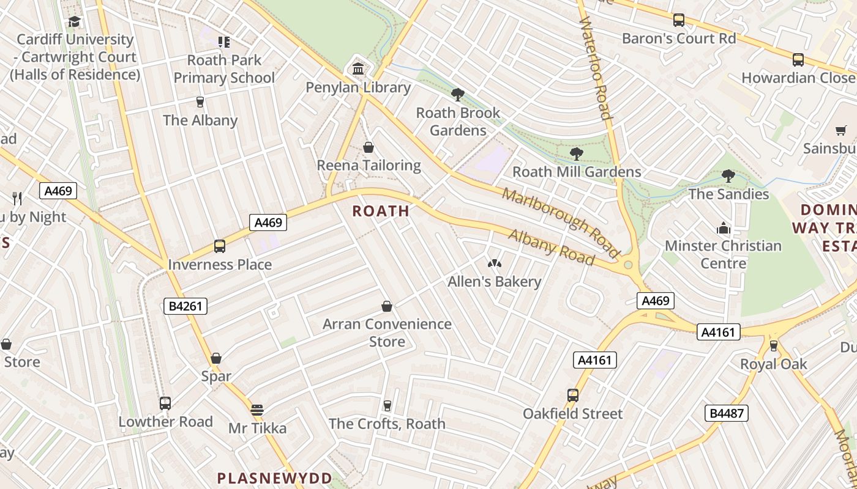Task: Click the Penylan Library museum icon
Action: pyautogui.click(x=358, y=68)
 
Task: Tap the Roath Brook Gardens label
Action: pyautogui.click(x=458, y=122)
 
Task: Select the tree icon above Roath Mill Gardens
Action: pyautogui.click(x=576, y=153)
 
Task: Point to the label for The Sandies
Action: pyautogui.click(x=728, y=194)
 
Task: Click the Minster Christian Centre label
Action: pyautogui.click(x=723, y=254)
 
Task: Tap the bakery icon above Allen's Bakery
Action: pyautogui.click(x=494, y=263)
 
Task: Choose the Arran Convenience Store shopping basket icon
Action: pyautogui.click(x=387, y=306)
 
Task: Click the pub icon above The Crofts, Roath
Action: pyautogui.click(x=387, y=405)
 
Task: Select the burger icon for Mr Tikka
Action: pyautogui.click(x=257, y=410)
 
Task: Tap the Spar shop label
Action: pyautogui.click(x=216, y=377)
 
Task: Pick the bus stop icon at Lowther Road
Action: pyautogui.click(x=165, y=403)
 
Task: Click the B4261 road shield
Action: pyautogui.click(x=185, y=306)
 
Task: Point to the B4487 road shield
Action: pyautogui.click(x=727, y=413)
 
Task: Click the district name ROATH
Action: pyautogui.click(x=381, y=211)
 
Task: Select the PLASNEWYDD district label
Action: pyautogui.click(x=275, y=478)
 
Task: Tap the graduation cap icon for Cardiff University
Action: pyautogui.click(x=75, y=22)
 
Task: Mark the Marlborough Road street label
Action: pyautogui.click(x=561, y=221)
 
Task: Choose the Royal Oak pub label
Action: pyautogui.click(x=774, y=364)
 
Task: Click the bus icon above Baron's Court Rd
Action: pyautogui.click(x=679, y=20)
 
